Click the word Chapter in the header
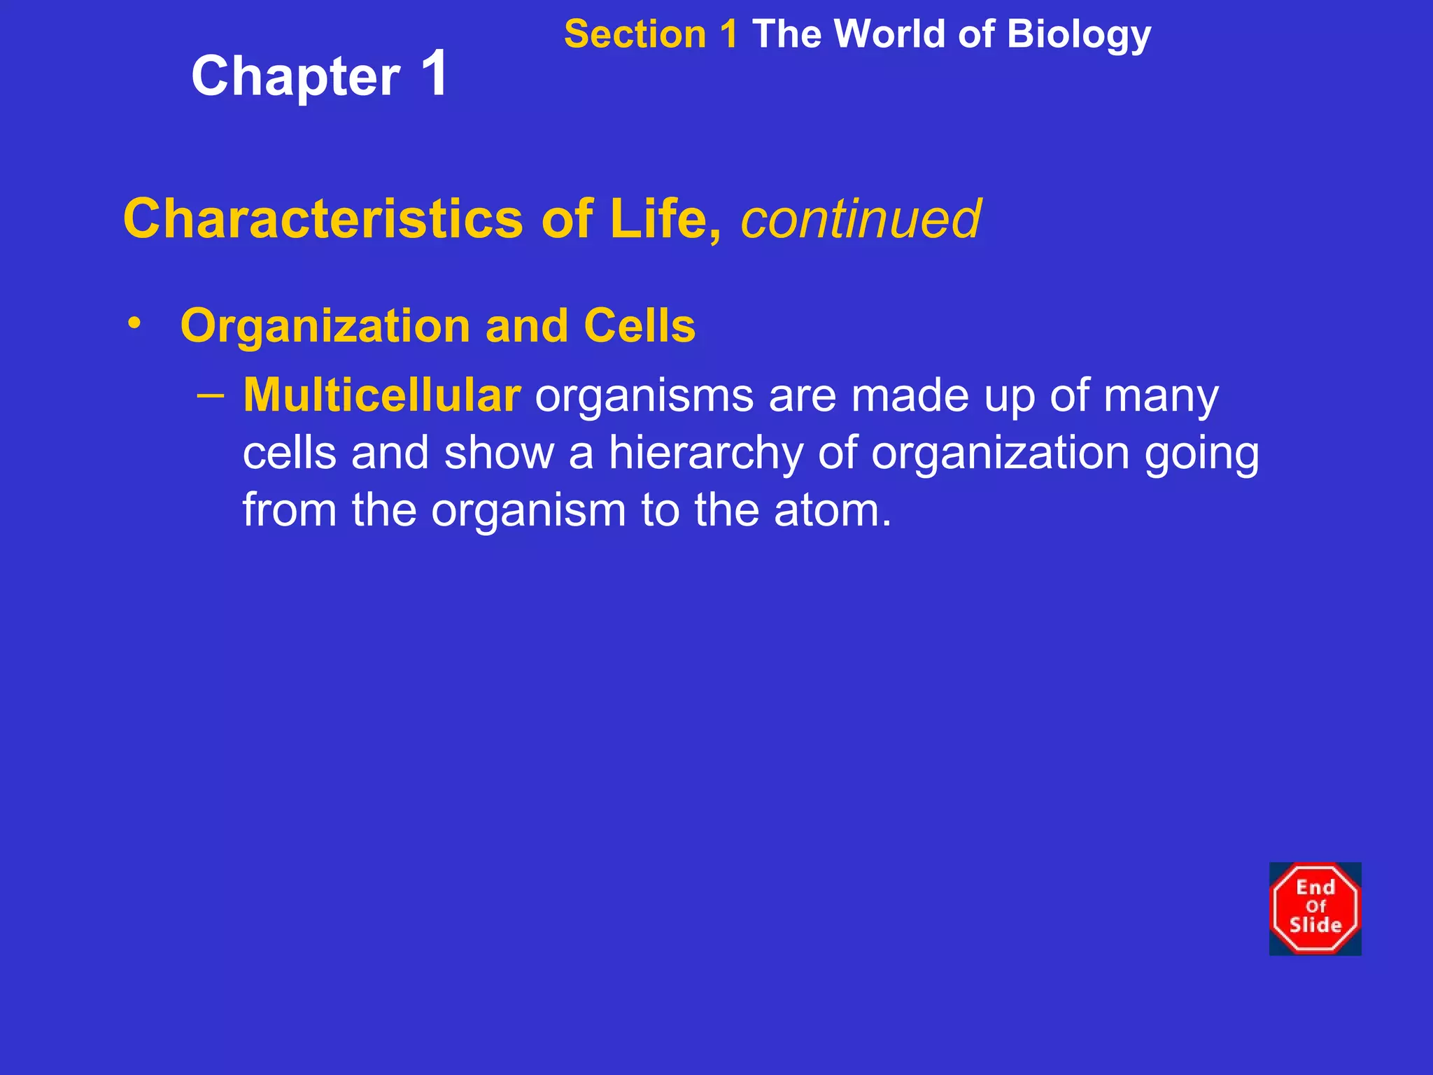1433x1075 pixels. (x=295, y=77)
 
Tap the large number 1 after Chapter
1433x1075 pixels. (x=435, y=73)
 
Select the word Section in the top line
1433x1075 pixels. (x=635, y=34)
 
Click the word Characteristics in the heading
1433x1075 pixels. (x=323, y=219)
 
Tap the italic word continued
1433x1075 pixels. (x=861, y=220)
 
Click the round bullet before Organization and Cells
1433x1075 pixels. (x=134, y=323)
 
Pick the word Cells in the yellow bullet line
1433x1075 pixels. (x=640, y=326)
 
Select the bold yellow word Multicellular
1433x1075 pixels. (x=382, y=395)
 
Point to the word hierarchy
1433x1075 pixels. (x=705, y=454)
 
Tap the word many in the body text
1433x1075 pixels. (x=1161, y=397)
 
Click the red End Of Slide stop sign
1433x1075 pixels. (x=1315, y=908)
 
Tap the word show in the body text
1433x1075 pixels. (x=499, y=454)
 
